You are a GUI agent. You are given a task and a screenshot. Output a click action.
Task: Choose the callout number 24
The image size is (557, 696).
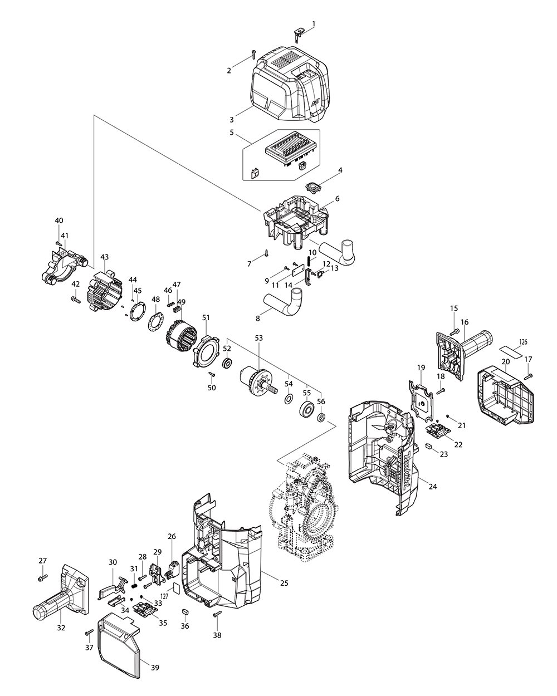coord(433,486)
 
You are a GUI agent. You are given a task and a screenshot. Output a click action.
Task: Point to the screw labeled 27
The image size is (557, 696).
coord(41,580)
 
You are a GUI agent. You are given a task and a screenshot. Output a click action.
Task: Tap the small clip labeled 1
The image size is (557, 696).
coord(298,34)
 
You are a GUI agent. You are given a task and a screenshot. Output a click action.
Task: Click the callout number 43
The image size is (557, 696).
coord(104,257)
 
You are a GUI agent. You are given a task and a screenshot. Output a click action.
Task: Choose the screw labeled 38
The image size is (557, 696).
coord(217,614)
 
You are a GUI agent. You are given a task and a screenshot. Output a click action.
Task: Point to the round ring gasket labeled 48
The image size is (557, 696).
coord(154,323)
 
